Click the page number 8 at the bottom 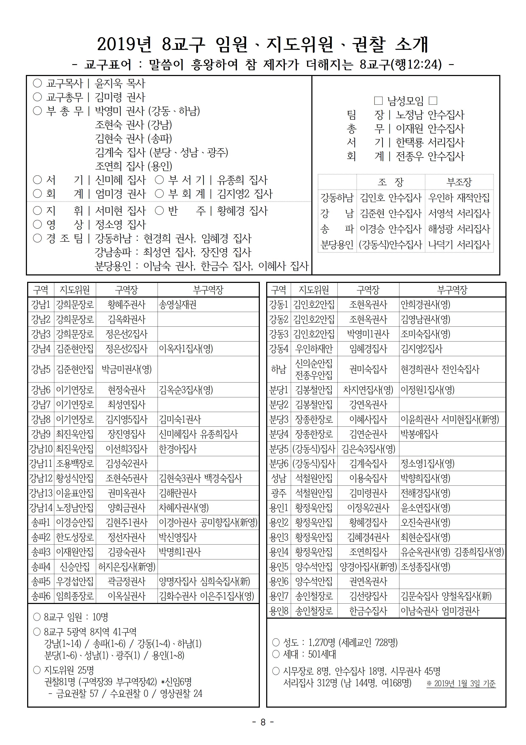click(263, 722)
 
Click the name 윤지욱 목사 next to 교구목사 click(120, 83)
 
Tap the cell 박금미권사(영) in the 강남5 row click(126, 369)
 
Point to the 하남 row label click(279, 369)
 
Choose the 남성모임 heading click(406, 101)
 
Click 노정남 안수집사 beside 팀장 click(430, 114)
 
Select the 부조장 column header click(459, 182)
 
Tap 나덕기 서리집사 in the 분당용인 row click(459, 244)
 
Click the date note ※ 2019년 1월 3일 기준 click(461, 683)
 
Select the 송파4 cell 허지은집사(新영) click(127, 567)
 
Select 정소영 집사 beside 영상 click(120, 224)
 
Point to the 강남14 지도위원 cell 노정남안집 click(75, 508)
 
